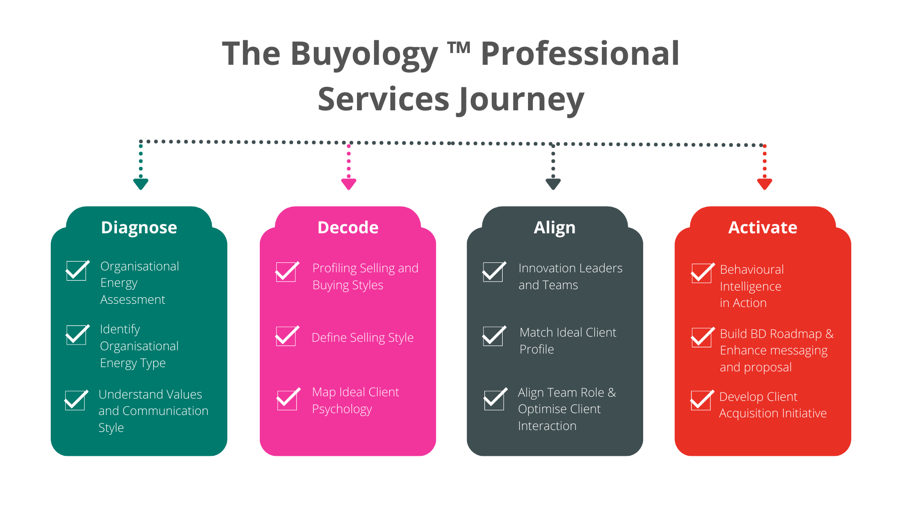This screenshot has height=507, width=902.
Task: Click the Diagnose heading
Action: pyautogui.click(x=139, y=228)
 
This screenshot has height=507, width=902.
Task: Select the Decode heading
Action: pyautogui.click(x=348, y=228)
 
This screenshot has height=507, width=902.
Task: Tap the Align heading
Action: pyautogui.click(x=554, y=228)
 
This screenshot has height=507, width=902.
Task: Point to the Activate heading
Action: pyautogui.click(x=762, y=228)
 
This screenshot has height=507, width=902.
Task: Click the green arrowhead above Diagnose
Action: pyautogui.click(x=141, y=184)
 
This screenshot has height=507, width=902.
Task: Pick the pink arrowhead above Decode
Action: pyautogui.click(x=349, y=184)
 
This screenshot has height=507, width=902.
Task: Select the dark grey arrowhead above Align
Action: pyautogui.click(x=553, y=184)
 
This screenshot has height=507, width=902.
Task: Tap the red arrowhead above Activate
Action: pyautogui.click(x=765, y=184)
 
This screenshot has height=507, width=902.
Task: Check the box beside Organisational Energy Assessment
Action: pyautogui.click(x=77, y=271)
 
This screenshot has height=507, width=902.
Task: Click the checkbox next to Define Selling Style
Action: pyautogui.click(x=286, y=336)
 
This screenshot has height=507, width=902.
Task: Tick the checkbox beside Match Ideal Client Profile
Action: pyautogui.click(x=493, y=336)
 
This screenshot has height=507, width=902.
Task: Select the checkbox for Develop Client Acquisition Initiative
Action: pyautogui.click(x=701, y=400)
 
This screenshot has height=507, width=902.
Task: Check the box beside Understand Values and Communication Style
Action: pyautogui.click(x=75, y=400)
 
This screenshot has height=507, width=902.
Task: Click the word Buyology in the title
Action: pyautogui.click(x=364, y=54)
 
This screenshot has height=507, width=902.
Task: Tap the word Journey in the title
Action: pyautogui.click(x=521, y=100)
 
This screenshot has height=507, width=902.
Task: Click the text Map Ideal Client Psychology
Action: pyautogui.click(x=356, y=400)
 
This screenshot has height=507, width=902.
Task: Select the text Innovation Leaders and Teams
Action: pyautogui.click(x=570, y=277)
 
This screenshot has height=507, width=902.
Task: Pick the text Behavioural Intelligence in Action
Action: pyautogui.click(x=751, y=286)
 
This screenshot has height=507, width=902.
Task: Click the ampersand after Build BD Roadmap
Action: pyautogui.click(x=830, y=334)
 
